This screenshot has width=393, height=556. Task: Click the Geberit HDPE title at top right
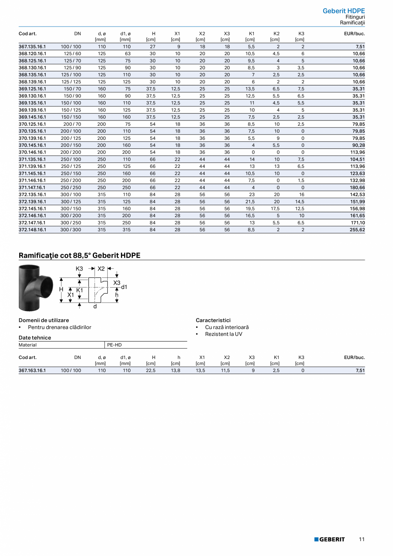[344, 11]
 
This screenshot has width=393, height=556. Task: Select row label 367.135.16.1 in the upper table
[32, 46]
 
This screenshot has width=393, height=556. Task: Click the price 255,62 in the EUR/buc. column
[356, 229]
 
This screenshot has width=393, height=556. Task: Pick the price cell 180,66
[356, 187]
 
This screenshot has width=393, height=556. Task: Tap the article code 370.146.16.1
[32, 152]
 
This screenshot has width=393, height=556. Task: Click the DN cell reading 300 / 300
[71, 229]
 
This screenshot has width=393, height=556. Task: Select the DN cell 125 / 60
[71, 53]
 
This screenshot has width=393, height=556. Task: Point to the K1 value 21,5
[252, 201]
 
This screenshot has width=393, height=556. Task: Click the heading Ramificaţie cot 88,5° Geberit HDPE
[79, 256]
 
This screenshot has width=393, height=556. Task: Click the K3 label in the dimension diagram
[79, 269]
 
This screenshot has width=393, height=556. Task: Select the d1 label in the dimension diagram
[124, 287]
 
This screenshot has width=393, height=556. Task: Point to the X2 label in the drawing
[101, 269]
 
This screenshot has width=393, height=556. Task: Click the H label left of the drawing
[61, 289]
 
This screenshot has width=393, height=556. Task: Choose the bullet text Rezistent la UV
[223, 334]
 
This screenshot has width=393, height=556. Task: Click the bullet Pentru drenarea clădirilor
[59, 327]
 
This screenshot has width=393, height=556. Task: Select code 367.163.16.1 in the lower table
[32, 371]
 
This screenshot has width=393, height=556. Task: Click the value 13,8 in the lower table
[176, 371]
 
